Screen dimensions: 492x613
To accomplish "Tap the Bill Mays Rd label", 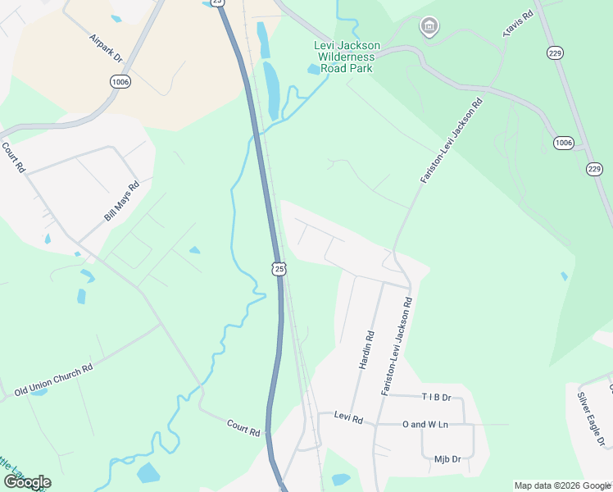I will (x=122, y=202).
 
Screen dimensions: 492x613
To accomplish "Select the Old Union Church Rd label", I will (x=53, y=380).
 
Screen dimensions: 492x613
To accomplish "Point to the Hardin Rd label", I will (x=366, y=349).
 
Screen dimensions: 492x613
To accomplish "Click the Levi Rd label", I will (x=348, y=417).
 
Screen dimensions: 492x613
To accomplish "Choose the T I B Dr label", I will (x=436, y=397).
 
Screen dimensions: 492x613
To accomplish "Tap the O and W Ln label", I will (x=425, y=424).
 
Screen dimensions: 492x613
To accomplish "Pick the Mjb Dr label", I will (x=448, y=459).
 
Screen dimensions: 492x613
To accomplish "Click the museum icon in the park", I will (x=427, y=27).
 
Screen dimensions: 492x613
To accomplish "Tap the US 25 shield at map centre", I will (x=279, y=268).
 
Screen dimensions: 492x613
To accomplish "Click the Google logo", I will (x=27, y=482).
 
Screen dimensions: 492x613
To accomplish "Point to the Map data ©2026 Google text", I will (x=562, y=485).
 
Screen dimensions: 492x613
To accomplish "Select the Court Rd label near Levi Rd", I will (x=243, y=427).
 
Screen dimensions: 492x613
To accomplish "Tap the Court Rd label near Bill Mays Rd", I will (x=15, y=158).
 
